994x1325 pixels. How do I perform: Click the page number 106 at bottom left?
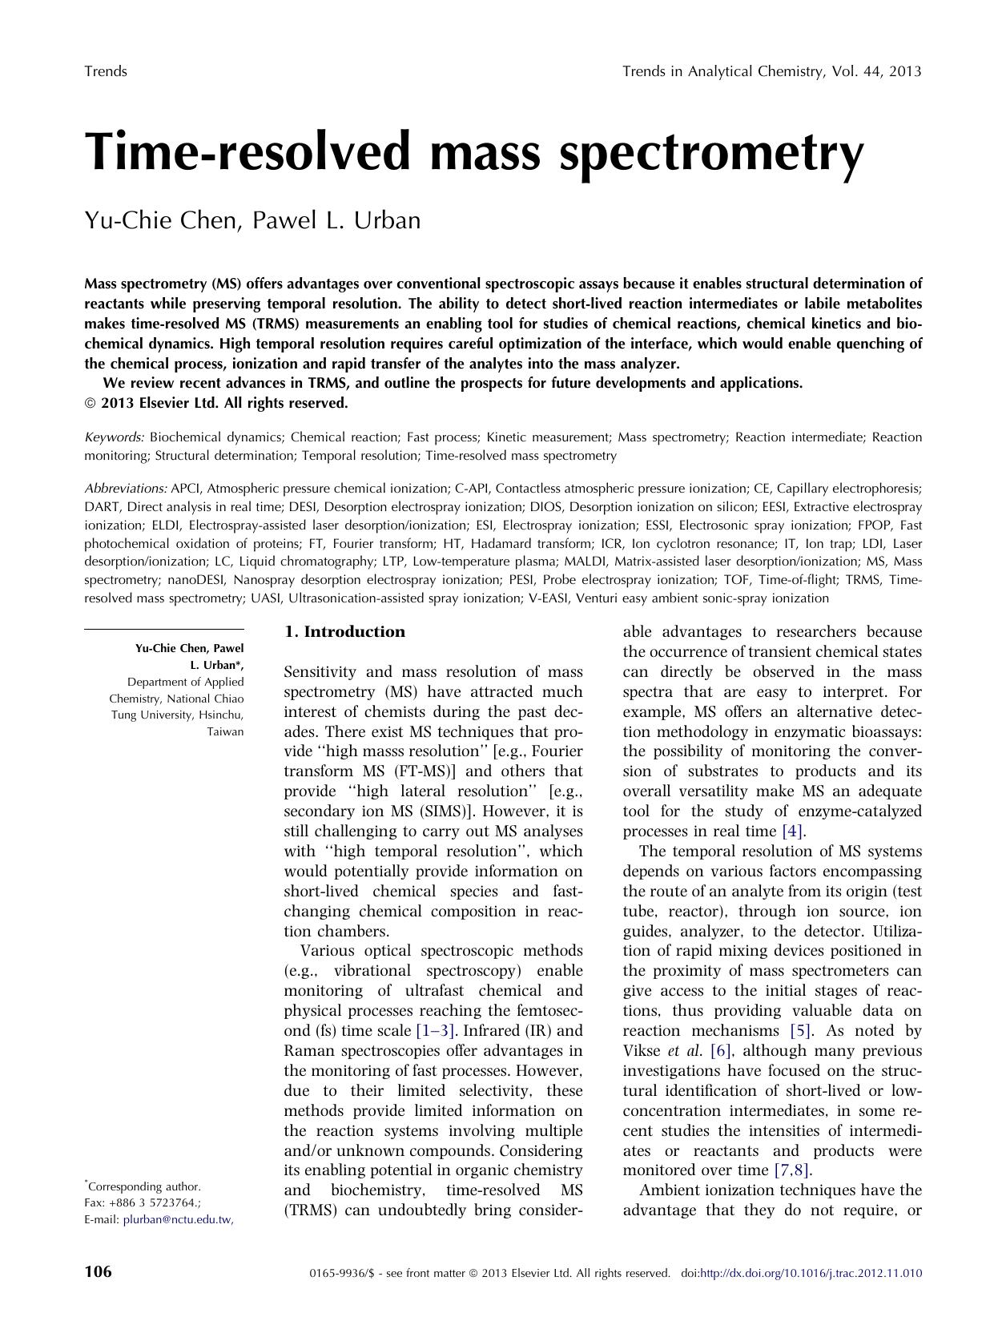tap(98, 1272)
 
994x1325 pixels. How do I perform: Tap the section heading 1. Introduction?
tap(345, 632)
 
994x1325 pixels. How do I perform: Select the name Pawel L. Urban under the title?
tap(336, 220)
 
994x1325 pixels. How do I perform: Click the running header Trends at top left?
tap(106, 71)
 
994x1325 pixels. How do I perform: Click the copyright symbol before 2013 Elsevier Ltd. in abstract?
tap(89, 404)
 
